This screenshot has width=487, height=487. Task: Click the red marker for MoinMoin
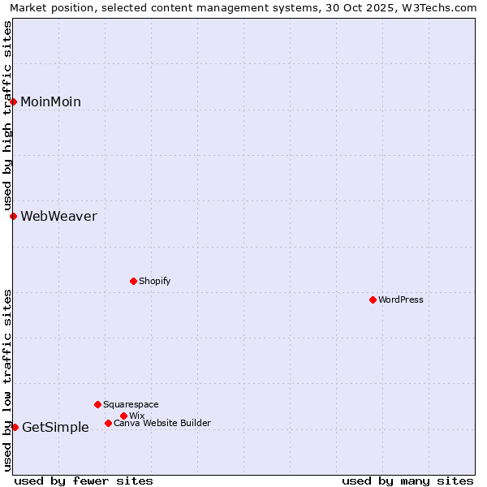[14, 101]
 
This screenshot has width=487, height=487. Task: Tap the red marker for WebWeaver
[14, 216]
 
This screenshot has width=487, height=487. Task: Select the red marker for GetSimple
[15, 427]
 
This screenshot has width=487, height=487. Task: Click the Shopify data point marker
[133, 281]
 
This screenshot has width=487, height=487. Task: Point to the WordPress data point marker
[373, 300]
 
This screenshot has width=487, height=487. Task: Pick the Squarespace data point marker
[97, 404]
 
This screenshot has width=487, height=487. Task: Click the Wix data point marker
[123, 416]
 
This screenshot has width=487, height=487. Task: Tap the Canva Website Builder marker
[108, 423]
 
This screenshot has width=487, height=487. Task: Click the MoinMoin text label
[50, 101]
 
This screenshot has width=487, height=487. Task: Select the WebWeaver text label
[58, 216]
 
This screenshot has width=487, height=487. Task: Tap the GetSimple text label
[55, 428]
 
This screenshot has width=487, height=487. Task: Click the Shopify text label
[154, 281]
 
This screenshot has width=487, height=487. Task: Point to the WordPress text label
[401, 300]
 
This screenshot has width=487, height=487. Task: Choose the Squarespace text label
[131, 404]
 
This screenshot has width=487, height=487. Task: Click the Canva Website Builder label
[162, 423]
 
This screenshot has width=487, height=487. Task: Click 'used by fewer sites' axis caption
[84, 481]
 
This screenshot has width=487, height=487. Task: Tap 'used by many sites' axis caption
[407, 481]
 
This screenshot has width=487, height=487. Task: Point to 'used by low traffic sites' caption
[7, 380]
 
